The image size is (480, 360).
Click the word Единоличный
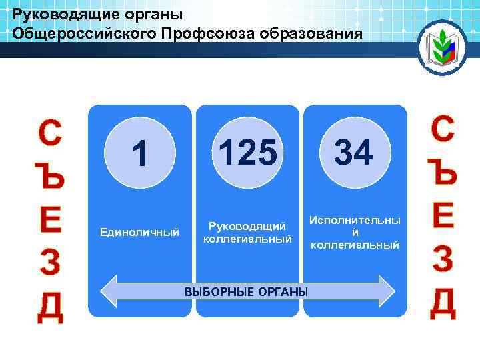coord(139,233)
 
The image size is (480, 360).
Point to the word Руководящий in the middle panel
coord(247,227)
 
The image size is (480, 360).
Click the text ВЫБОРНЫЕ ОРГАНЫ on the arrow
coord(247,291)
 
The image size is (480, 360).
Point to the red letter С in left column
coord(51,133)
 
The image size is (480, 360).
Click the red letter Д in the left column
coord(51,307)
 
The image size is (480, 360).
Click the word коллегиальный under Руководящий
coord(247,239)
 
